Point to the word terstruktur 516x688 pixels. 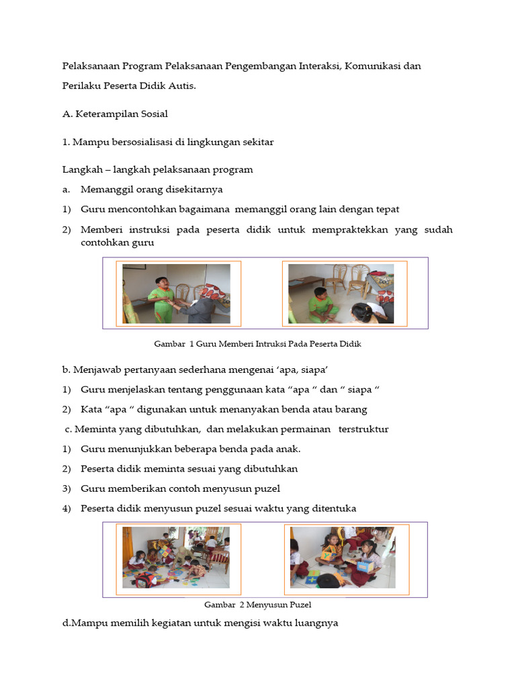(x=363, y=429)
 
